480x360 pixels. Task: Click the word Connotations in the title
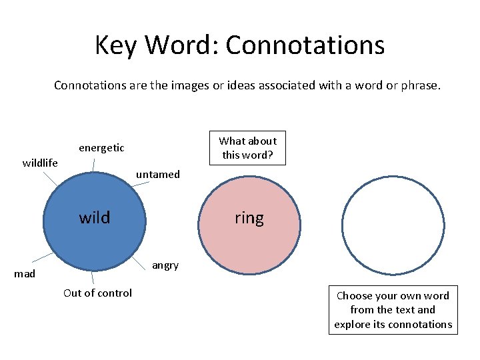tap(305, 45)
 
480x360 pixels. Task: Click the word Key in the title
tap(117, 45)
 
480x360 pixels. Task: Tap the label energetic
tap(101, 147)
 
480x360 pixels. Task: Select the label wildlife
tap(40, 163)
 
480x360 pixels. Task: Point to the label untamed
tap(158, 175)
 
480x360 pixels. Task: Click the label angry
tap(165, 265)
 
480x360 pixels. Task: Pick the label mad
tap(25, 273)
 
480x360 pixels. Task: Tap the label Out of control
tap(97, 293)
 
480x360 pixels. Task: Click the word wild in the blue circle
tap(95, 217)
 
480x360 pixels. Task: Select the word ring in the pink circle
tap(249, 218)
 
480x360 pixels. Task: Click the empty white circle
tap(393, 226)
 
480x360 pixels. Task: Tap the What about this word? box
tap(248, 147)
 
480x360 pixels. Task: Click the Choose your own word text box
tap(393, 310)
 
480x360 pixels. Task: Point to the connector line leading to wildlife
tap(51, 178)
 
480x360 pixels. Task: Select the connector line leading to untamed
tap(136, 189)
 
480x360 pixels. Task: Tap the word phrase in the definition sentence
tap(420, 85)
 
